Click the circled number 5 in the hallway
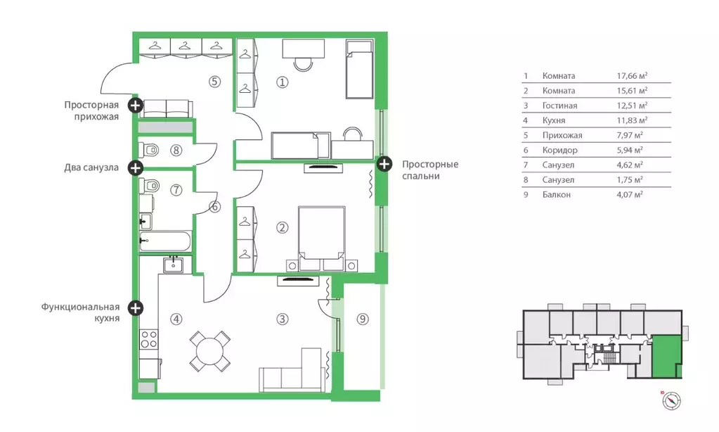214,82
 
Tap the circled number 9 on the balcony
362,319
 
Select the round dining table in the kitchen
210,351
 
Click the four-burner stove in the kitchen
149,339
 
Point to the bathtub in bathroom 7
165,241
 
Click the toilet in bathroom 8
148,150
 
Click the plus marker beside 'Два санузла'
135,168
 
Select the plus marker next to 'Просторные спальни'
384,163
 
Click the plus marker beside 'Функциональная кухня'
135,307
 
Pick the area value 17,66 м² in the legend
632,76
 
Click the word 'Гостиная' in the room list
559,106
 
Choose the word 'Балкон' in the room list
556,195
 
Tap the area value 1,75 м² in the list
630,180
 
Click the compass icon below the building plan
671,401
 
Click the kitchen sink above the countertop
174,265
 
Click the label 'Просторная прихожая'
91,110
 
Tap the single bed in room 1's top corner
359,70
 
